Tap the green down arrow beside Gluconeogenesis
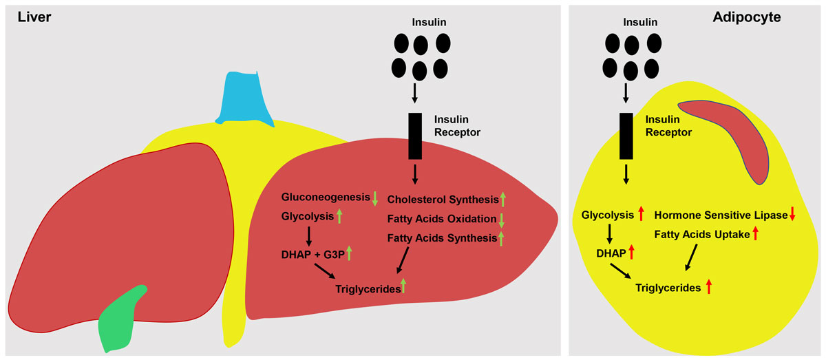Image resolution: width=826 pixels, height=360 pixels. pyautogui.click(x=375, y=199)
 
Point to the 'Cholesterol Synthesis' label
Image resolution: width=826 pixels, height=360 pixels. pyautogui.click(x=443, y=200)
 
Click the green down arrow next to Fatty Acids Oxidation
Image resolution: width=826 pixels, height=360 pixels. pyautogui.click(x=502, y=220)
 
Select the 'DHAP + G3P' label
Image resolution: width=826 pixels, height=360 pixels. pyautogui.click(x=309, y=254)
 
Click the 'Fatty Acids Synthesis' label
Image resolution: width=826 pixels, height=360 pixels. pyautogui.click(x=442, y=238)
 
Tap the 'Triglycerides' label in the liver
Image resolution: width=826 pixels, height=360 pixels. pyautogui.click(x=368, y=289)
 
